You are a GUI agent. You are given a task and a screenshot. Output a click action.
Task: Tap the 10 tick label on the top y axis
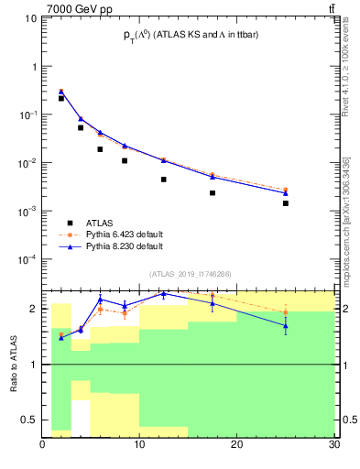coord(30,19)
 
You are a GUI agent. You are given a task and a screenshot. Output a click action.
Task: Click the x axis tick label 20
coord(237,446)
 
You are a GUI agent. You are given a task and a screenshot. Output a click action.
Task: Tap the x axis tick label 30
coord(333,446)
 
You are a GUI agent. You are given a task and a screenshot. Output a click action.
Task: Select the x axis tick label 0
coord(43,446)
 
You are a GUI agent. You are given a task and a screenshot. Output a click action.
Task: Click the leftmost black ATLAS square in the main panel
coord(61,98)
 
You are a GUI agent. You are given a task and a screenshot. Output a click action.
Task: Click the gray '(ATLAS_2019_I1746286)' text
coord(190,273)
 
